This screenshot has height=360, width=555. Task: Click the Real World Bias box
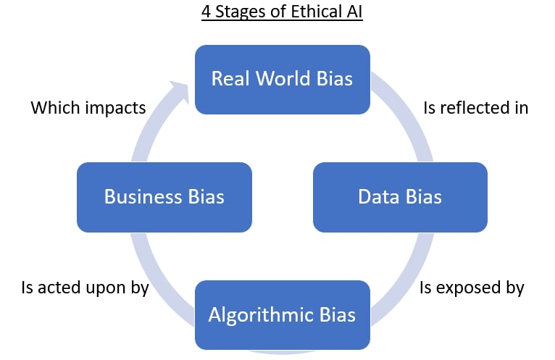point(282,79)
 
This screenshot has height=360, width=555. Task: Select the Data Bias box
point(400,196)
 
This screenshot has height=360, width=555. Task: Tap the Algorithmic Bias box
point(282,314)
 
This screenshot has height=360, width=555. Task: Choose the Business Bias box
point(164,196)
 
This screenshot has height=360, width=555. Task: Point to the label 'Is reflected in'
point(475,108)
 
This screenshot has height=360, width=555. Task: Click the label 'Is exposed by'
point(472,287)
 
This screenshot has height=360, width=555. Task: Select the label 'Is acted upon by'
point(85,287)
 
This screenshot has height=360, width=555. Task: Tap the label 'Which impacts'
point(88,108)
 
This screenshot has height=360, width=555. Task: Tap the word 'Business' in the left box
point(141,196)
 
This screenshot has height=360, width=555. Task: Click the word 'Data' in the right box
point(375,196)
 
